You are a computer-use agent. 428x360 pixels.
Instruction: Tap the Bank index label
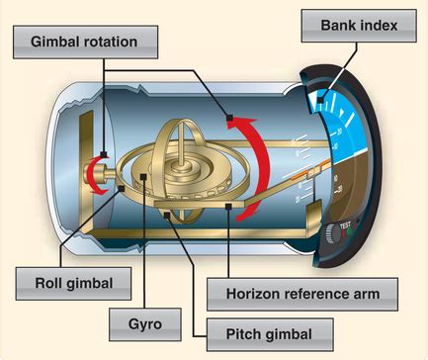356,24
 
